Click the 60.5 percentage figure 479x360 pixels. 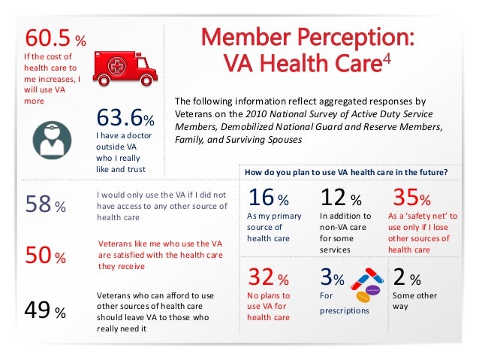coord(50,38)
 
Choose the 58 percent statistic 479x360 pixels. coord(38,204)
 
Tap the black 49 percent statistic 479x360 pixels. coord(38,310)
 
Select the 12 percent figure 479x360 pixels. coord(336,198)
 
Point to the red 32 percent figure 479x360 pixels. coord(263,279)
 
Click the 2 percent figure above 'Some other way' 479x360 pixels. coord(403,279)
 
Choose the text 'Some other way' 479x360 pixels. coord(414,301)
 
